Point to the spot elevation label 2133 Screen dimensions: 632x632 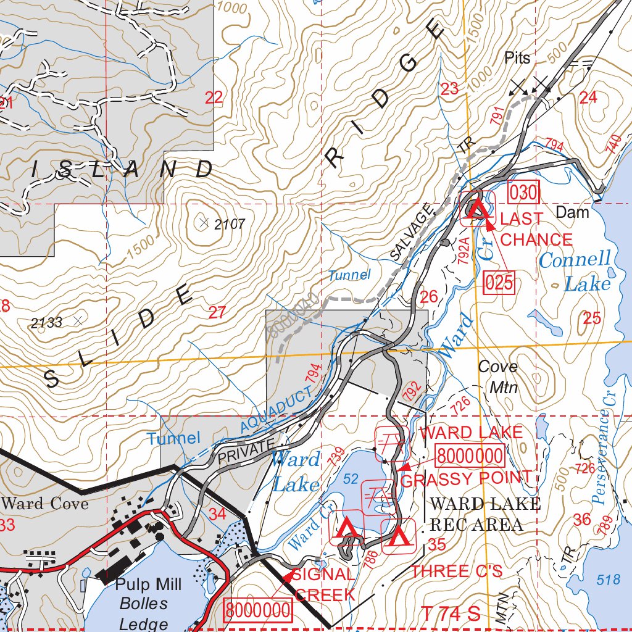[x=47, y=322]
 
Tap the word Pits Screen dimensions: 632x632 [x=517, y=59]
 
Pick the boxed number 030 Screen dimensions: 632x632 [x=523, y=193]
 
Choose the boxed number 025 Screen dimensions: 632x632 [x=499, y=282]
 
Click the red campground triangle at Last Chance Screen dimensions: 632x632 [x=476, y=209]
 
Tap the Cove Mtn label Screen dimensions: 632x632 [x=498, y=377]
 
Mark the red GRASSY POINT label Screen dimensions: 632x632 [x=466, y=478]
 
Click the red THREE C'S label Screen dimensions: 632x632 [x=457, y=572]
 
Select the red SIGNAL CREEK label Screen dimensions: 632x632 [x=325, y=584]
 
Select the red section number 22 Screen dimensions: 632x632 [x=214, y=98]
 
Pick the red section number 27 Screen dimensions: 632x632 [x=217, y=313]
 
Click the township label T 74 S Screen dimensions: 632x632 [x=451, y=614]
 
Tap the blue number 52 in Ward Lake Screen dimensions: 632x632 [x=351, y=480]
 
